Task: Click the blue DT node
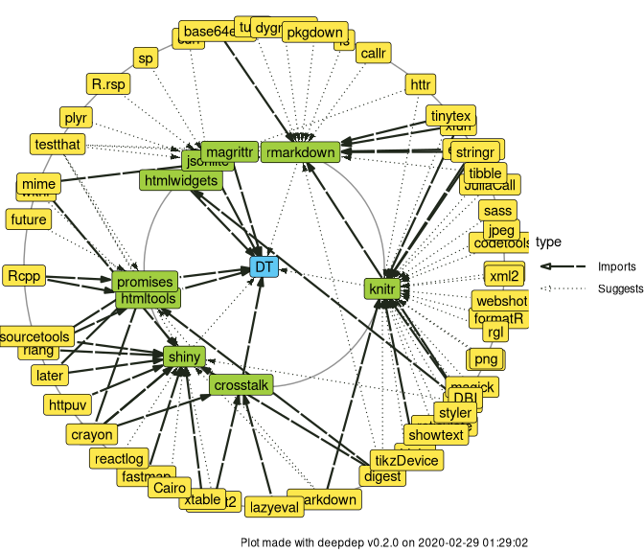click(x=264, y=266)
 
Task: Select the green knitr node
click(x=381, y=287)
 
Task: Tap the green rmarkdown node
click(x=300, y=151)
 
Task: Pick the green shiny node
click(x=183, y=357)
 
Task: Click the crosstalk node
click(x=241, y=384)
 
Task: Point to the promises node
click(x=144, y=282)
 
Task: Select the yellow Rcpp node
click(x=25, y=276)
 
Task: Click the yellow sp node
click(x=146, y=58)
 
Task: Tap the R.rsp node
click(x=107, y=84)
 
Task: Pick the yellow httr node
click(x=421, y=84)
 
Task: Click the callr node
click(x=373, y=54)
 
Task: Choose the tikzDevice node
click(x=406, y=461)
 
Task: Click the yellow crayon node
click(x=92, y=434)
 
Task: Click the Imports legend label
click(x=616, y=266)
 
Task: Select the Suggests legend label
click(x=620, y=288)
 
